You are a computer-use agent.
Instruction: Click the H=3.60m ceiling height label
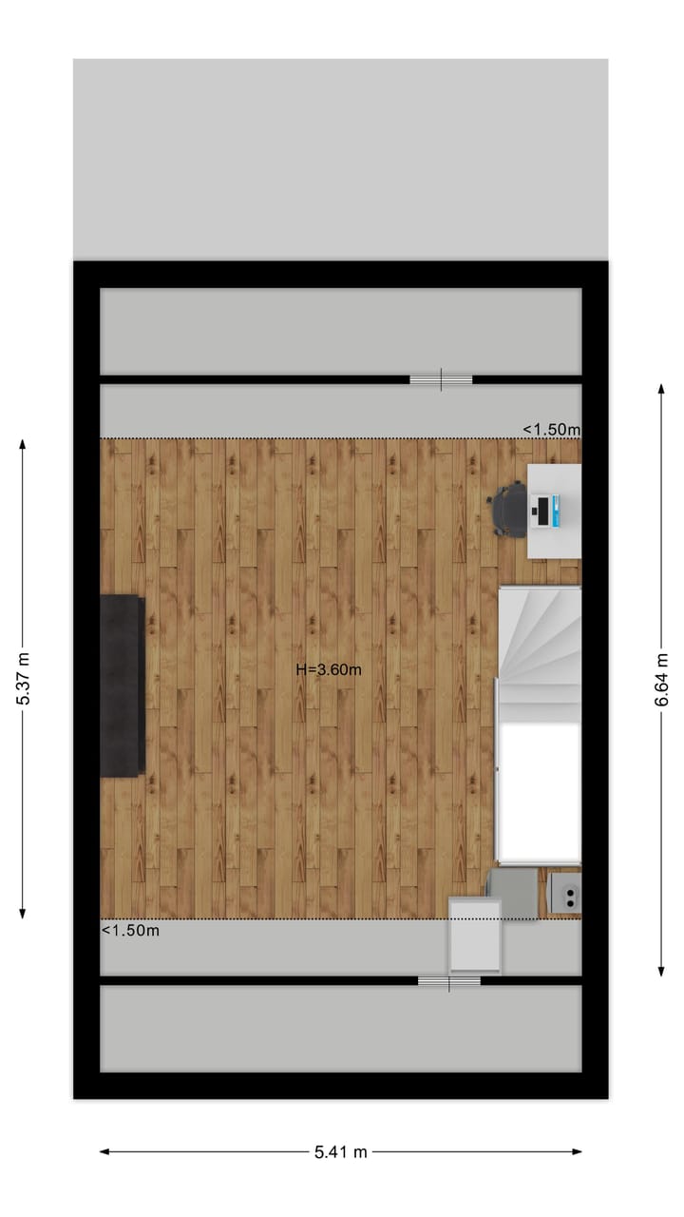(x=329, y=669)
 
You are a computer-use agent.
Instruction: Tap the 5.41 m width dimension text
(x=341, y=1152)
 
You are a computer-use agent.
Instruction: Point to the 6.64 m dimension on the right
(x=661, y=679)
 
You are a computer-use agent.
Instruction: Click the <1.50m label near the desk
(x=551, y=430)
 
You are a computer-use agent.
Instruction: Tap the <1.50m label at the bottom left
(x=130, y=931)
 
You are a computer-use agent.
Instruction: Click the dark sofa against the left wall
(x=123, y=685)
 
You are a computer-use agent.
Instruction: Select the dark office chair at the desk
(x=509, y=510)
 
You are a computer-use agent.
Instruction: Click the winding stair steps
(x=539, y=642)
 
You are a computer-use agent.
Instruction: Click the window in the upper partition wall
(x=441, y=379)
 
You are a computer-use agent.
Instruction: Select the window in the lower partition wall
(x=449, y=980)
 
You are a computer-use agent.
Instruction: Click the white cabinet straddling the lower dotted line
(x=475, y=936)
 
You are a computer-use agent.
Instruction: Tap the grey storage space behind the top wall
(x=340, y=331)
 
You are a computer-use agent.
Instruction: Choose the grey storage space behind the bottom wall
(x=340, y=1028)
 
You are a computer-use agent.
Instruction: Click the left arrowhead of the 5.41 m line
(x=104, y=1152)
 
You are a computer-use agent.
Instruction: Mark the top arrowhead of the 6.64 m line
(x=661, y=388)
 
